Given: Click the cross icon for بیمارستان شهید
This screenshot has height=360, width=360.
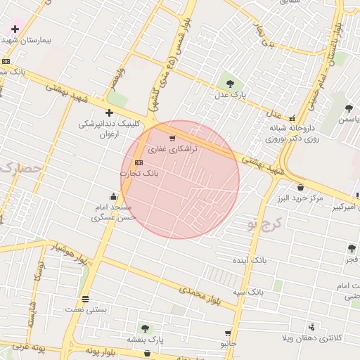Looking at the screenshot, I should (15, 29).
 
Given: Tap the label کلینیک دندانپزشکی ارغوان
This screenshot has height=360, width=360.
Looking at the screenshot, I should (108, 129).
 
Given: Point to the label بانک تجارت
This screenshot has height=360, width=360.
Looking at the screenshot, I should (139, 172).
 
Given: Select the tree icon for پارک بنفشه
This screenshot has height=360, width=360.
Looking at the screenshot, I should (146, 328).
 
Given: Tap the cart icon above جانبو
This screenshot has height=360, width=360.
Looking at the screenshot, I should (228, 333).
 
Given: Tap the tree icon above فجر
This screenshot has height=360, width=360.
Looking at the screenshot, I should (351, 248).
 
